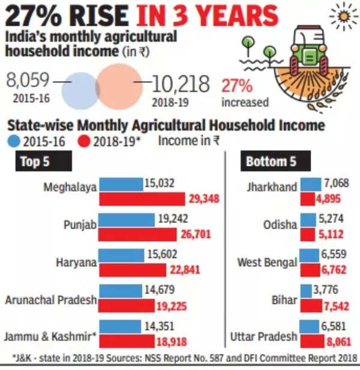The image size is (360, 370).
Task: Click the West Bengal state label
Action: [x=267, y=263]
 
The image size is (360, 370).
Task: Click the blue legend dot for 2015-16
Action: [x=14, y=142]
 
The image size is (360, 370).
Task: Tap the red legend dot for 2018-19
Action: [x=85, y=142]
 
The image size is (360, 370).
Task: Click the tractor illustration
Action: [x=310, y=53]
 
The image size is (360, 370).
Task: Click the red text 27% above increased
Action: [x=236, y=85]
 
